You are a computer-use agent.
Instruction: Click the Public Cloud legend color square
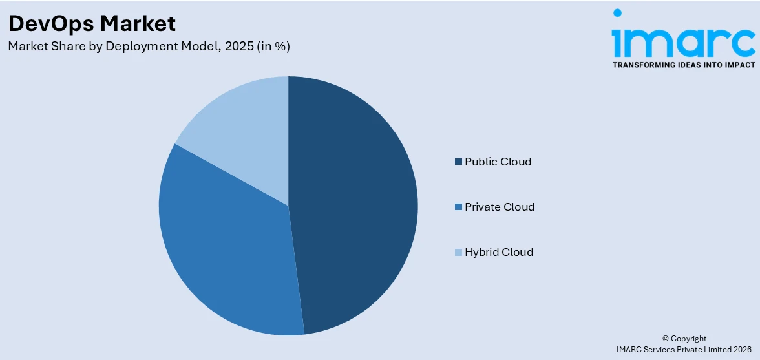(459, 162)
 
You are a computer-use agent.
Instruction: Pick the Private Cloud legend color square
(459, 207)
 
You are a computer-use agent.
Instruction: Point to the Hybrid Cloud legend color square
(459, 252)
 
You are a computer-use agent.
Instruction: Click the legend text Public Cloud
(498, 162)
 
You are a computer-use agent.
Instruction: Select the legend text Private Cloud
(500, 207)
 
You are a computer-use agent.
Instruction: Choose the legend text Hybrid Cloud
(499, 252)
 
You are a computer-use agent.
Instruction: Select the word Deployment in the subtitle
(139, 47)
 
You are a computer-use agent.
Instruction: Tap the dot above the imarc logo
(617, 13)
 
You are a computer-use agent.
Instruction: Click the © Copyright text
(684, 339)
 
